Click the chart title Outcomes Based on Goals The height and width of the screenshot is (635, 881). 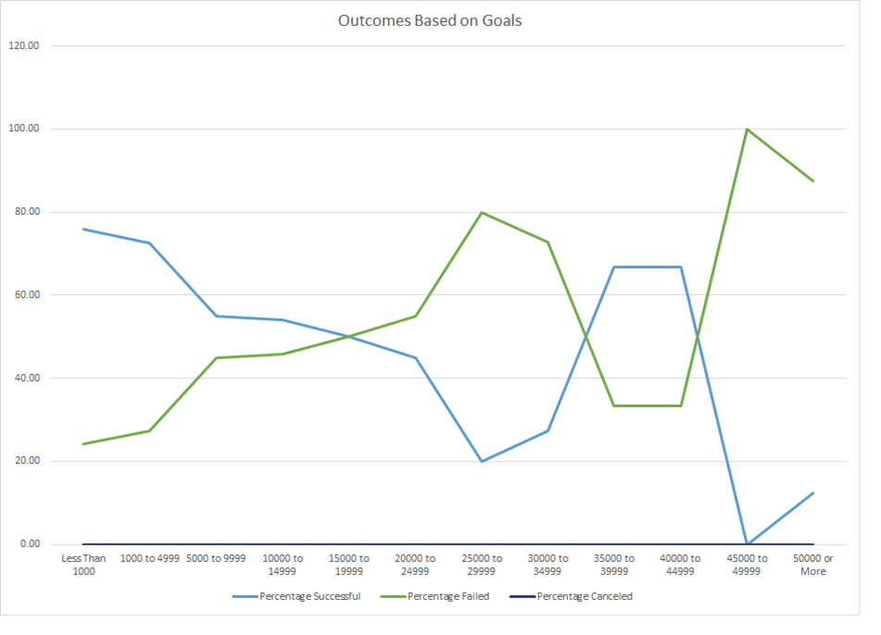click(x=430, y=20)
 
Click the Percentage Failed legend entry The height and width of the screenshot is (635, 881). click(x=448, y=596)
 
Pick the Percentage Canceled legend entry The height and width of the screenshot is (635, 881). click(x=585, y=596)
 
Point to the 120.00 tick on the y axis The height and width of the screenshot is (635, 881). click(x=25, y=45)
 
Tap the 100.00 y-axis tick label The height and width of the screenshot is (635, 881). click(x=25, y=129)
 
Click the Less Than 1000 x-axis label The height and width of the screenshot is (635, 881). click(x=83, y=565)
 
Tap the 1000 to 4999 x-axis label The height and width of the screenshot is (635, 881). click(x=150, y=559)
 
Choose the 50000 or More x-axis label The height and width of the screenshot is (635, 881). click(x=813, y=565)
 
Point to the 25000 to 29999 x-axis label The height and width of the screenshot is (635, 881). click(x=482, y=565)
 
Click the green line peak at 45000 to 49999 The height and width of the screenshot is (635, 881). click(x=747, y=129)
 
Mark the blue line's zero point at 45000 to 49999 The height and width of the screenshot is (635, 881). click(x=747, y=544)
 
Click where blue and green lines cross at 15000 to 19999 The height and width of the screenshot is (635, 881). click(x=349, y=336)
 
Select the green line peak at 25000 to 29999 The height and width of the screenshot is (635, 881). click(x=482, y=212)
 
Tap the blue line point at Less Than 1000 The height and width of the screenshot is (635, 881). click(x=83, y=229)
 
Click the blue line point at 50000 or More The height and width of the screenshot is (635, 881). click(x=813, y=492)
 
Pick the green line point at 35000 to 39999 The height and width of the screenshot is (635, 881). click(x=614, y=405)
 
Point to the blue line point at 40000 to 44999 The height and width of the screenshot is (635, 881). click(x=681, y=267)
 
